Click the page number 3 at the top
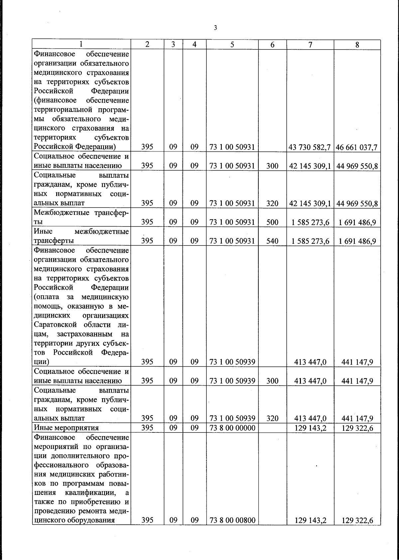(215, 28)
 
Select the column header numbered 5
(232, 45)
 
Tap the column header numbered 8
(357, 45)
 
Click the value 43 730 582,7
(310, 147)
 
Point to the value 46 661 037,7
(357, 147)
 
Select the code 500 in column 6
(272, 222)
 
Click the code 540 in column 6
(272, 241)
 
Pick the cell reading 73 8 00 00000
(232, 428)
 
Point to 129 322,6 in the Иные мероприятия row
(357, 428)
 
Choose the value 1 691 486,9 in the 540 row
(357, 241)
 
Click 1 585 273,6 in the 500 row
(310, 222)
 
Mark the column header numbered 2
(147, 45)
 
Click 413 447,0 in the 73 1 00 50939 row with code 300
(310, 381)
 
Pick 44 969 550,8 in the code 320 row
(357, 203)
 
